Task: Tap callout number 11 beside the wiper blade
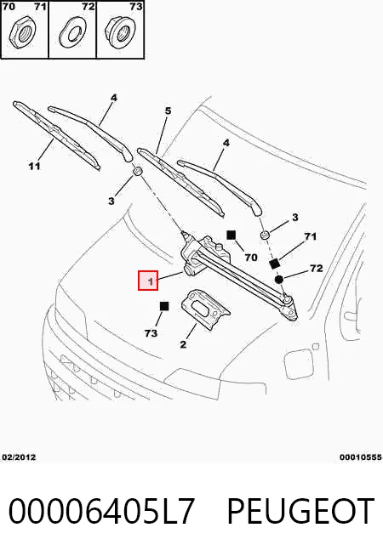coord(34,166)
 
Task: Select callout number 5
coord(168,111)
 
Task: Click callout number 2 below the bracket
coord(183,344)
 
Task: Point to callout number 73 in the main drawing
coord(151,333)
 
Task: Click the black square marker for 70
coord(232,235)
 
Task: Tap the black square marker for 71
coord(274,264)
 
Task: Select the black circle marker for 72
coord(279,280)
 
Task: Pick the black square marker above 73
coord(164,306)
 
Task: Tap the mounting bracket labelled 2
coord(205,310)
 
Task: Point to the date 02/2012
coord(20,457)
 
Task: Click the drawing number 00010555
coord(361,457)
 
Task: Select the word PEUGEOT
coord(300,511)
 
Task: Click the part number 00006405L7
coord(101,511)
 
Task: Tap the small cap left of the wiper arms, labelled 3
coord(137,171)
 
